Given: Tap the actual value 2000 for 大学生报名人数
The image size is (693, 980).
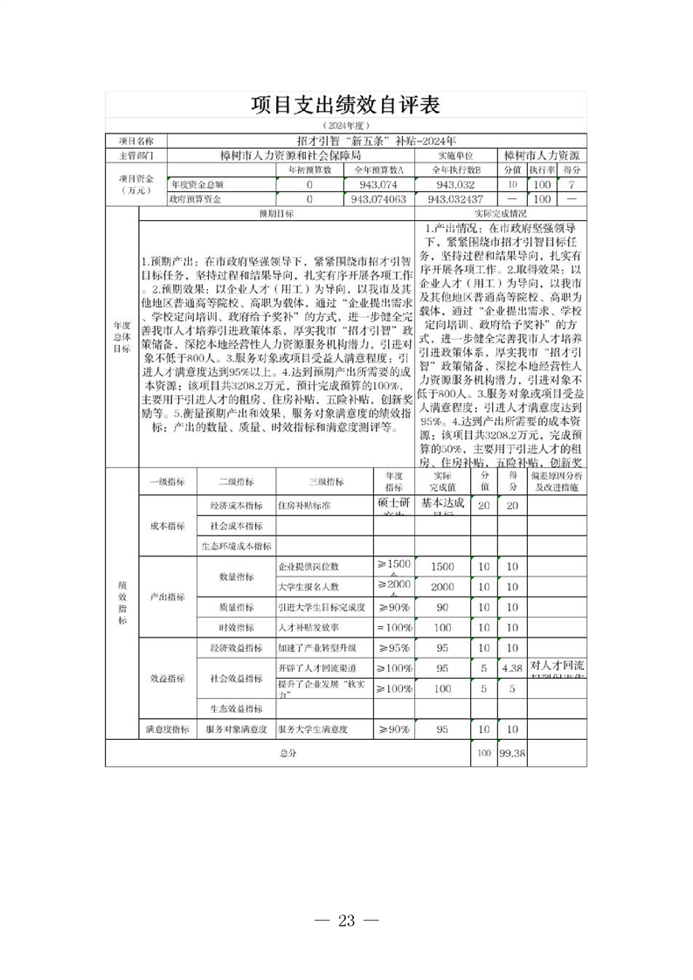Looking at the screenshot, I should tap(442, 587).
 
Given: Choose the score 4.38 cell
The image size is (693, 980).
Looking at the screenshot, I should tap(510, 668).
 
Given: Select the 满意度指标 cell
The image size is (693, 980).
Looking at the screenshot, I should tap(167, 728).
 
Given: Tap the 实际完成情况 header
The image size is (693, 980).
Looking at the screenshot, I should tap(500, 213).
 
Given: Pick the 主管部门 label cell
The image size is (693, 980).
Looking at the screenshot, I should tap(135, 155).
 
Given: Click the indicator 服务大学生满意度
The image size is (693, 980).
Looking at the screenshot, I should tap(313, 728).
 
